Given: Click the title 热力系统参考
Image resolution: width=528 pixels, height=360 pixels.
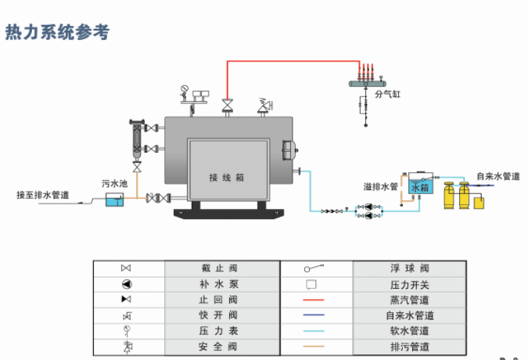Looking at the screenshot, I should pyautogui.click(x=57, y=32).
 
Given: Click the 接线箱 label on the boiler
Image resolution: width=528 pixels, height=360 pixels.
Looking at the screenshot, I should pyautogui.click(x=228, y=178).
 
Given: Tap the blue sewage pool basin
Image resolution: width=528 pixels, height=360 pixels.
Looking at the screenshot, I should pyautogui.click(x=115, y=201).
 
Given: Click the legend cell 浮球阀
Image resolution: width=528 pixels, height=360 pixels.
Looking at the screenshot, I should pyautogui.click(x=409, y=268).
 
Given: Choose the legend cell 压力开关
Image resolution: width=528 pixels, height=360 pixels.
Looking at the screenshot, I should pyautogui.click(x=409, y=284).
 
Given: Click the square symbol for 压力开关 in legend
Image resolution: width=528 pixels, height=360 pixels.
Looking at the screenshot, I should pyautogui.click(x=311, y=284).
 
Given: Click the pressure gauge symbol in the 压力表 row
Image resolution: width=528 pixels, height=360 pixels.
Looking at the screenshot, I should pyautogui.click(x=126, y=330).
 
